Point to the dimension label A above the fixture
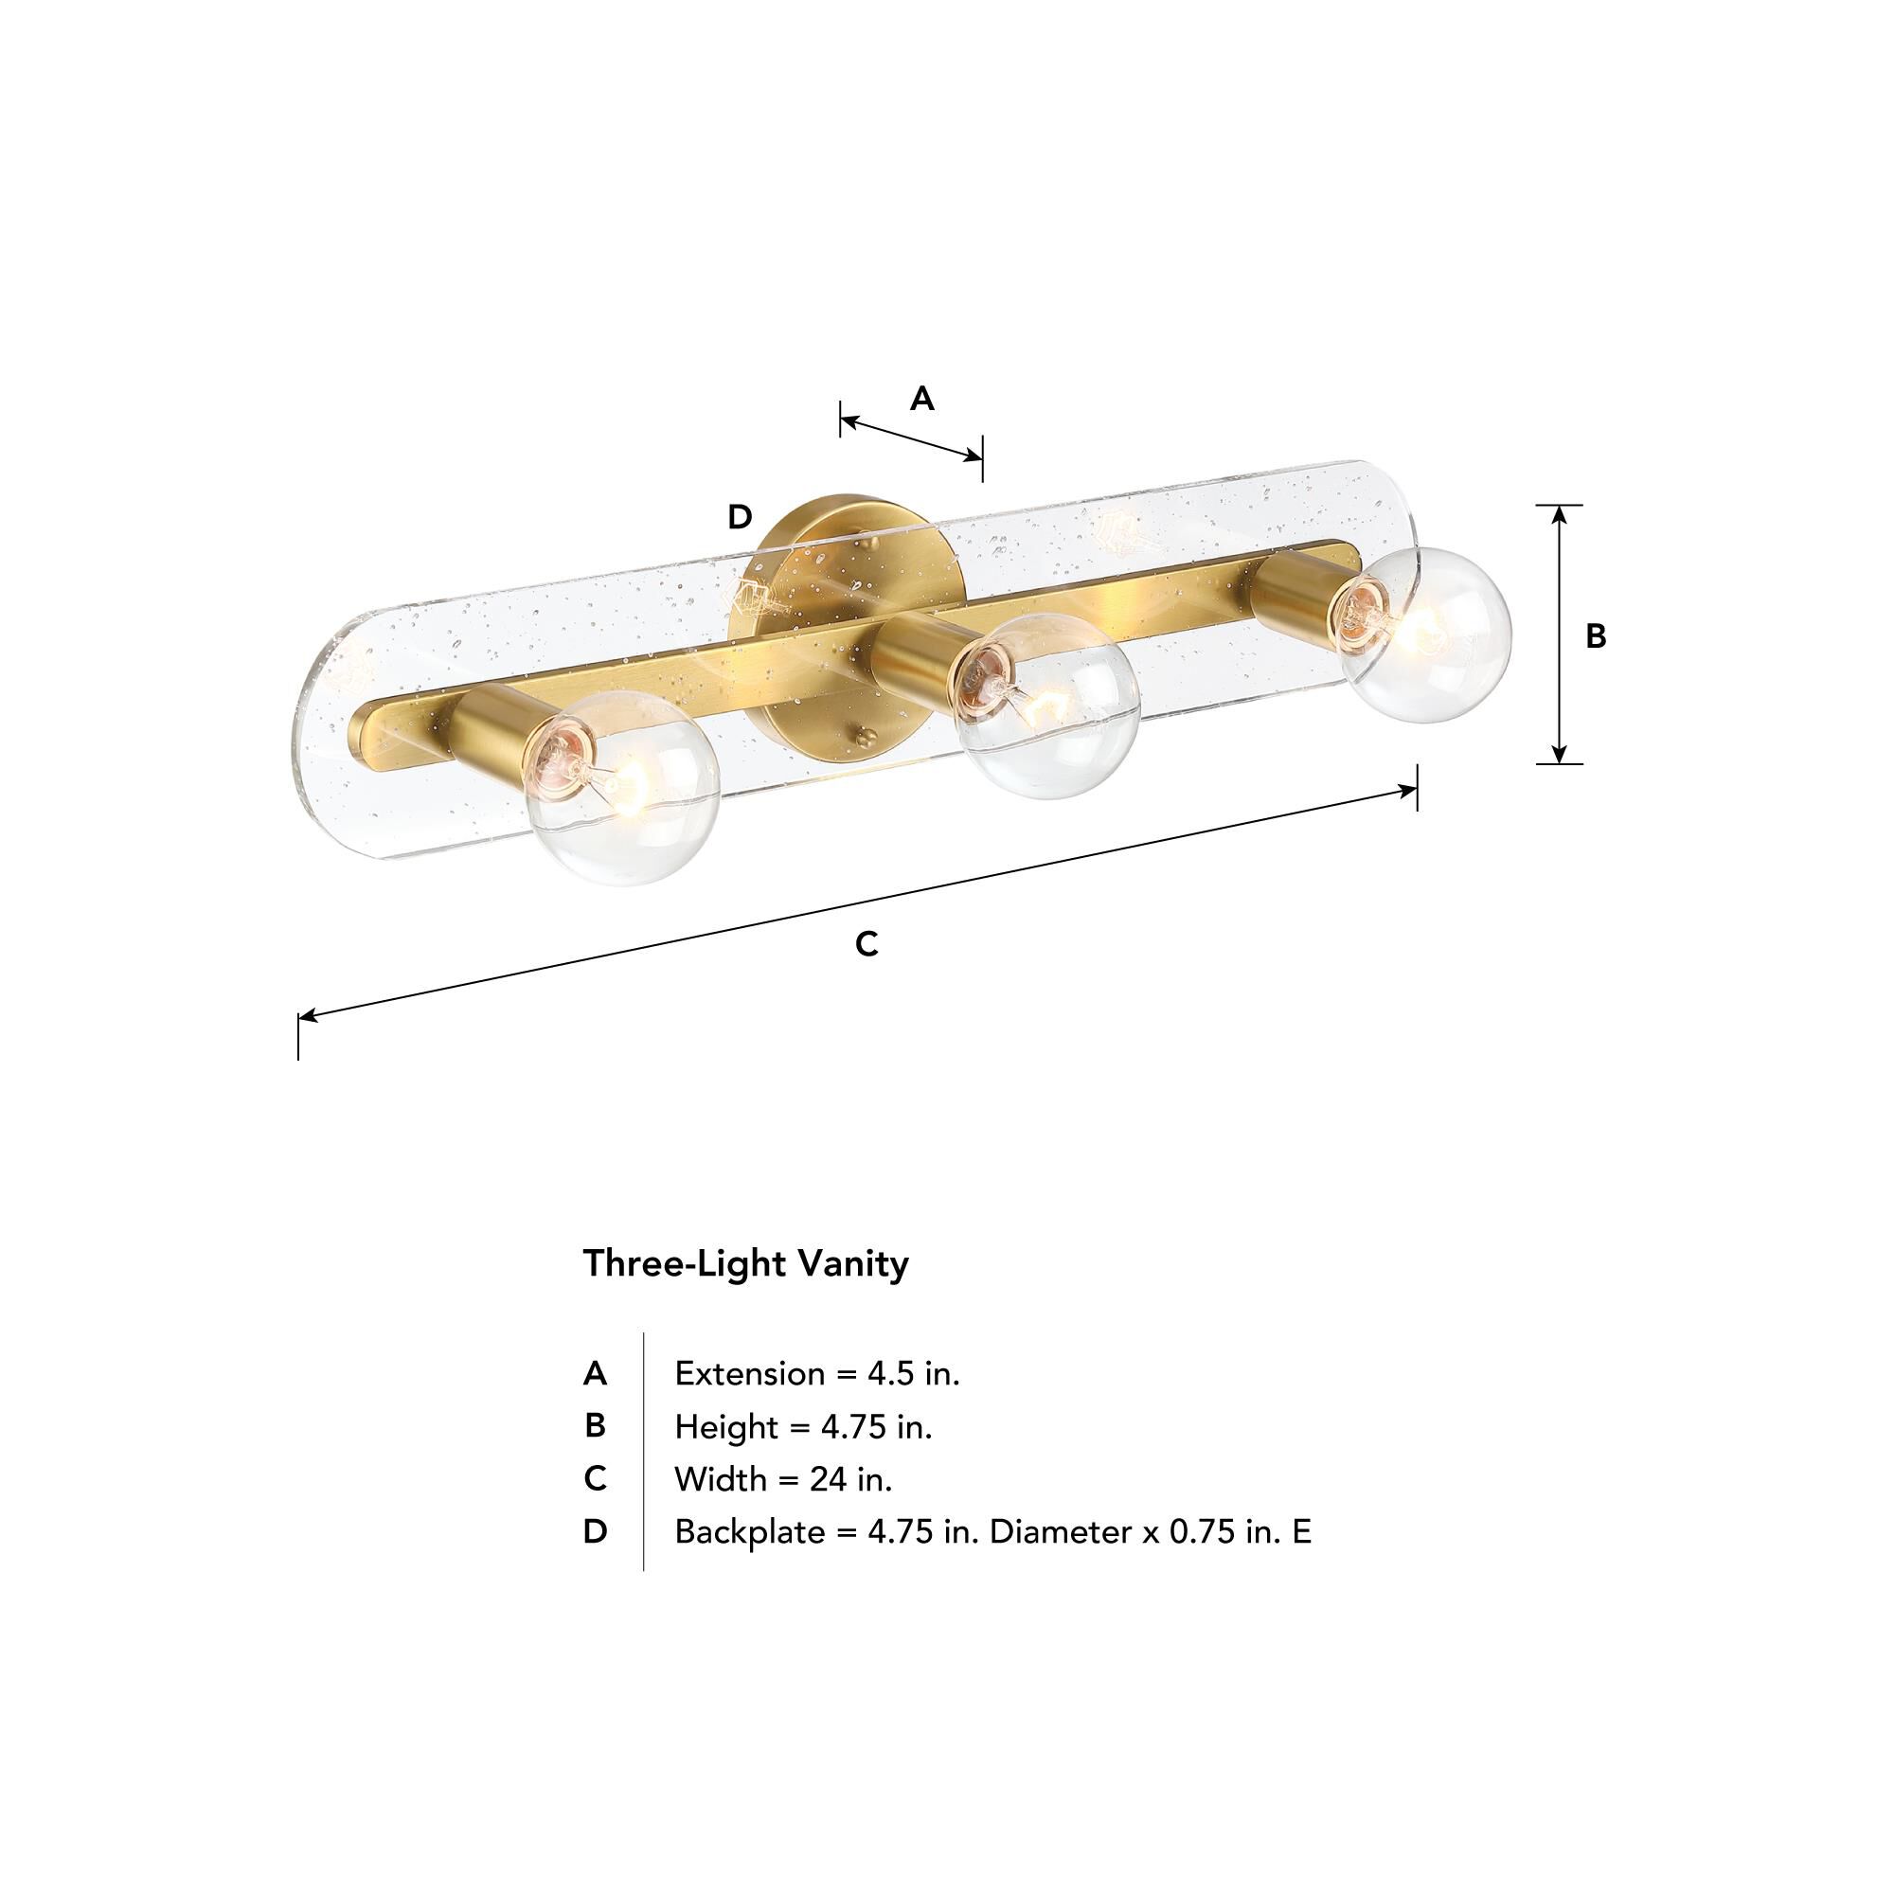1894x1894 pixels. (x=921, y=399)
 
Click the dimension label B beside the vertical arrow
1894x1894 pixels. (x=1596, y=637)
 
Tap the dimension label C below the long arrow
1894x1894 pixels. (x=867, y=944)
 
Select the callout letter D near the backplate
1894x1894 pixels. (x=741, y=517)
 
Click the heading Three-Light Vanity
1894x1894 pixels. (x=745, y=1263)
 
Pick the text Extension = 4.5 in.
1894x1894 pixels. (x=816, y=1373)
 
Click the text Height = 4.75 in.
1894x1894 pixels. (x=803, y=1426)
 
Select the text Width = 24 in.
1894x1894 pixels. (x=783, y=1478)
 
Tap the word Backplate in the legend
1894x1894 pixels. (x=749, y=1531)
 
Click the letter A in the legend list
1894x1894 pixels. (x=595, y=1373)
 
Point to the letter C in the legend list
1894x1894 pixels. (x=595, y=1478)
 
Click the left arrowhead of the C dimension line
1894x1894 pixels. (x=308, y=1015)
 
